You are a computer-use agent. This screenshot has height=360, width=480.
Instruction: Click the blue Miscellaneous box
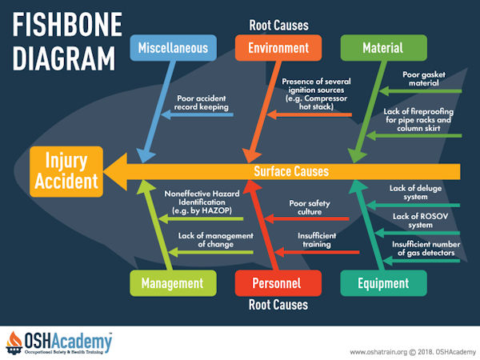[174, 48]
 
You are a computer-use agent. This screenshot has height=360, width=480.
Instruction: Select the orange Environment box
[278, 48]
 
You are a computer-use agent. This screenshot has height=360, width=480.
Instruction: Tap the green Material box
[383, 48]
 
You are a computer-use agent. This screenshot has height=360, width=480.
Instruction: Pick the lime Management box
[173, 283]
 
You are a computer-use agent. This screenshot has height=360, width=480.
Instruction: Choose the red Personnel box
[278, 283]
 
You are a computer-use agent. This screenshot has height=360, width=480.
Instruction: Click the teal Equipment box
[383, 283]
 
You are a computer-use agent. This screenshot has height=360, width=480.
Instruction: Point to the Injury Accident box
[66, 171]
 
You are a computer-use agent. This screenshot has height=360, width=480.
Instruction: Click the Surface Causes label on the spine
[291, 171]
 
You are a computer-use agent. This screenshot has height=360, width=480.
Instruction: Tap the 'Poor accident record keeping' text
[202, 102]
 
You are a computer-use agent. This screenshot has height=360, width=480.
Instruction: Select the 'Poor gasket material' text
[424, 78]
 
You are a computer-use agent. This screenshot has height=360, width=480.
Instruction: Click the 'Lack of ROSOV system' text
[420, 221]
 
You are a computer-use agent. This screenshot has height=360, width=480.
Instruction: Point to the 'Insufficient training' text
[317, 240]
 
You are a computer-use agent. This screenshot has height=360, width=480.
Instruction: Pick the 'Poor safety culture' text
[310, 207]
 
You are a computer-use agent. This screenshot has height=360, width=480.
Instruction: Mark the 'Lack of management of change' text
[216, 240]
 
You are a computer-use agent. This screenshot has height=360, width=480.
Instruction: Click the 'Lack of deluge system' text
[415, 193]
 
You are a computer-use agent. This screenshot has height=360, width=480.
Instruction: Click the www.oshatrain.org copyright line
[412, 352]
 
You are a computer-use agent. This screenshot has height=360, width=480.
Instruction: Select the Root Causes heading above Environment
[278, 26]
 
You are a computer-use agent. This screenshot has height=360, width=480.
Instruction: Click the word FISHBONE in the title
[67, 25]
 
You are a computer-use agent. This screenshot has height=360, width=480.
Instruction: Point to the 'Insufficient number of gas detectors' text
[426, 249]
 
